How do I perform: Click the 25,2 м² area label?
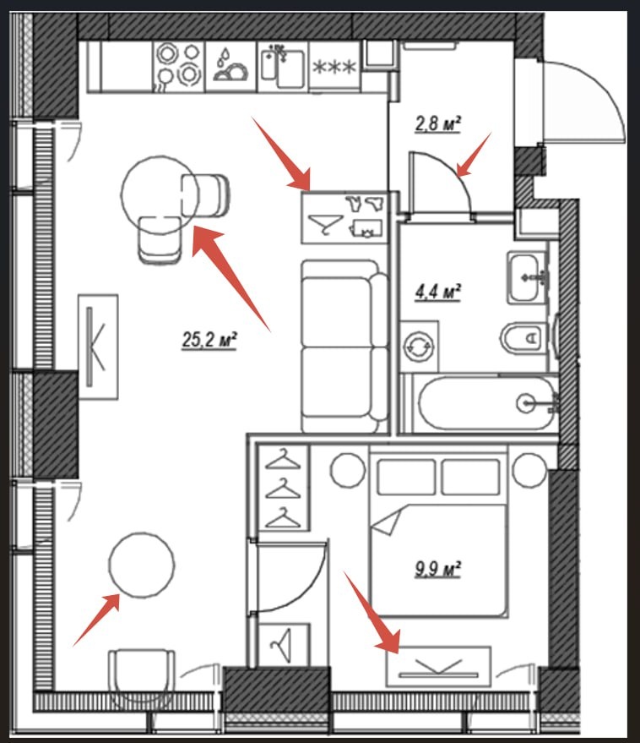tap(209, 341)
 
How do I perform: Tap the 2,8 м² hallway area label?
tap(438, 124)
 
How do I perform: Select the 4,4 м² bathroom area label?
tap(438, 292)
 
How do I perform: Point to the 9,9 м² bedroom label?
tap(438, 569)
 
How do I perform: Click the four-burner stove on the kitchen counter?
tap(178, 65)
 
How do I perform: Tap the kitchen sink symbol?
tap(282, 66)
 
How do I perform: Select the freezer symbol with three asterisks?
tap(335, 66)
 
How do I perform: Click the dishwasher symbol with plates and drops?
tap(231, 66)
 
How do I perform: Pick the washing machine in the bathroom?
tap(419, 347)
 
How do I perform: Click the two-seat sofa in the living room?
tap(345, 346)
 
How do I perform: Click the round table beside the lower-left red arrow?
tap(142, 564)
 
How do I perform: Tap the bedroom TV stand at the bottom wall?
tap(438, 667)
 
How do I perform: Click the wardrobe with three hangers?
tap(283, 488)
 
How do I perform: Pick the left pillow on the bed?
tap(407, 477)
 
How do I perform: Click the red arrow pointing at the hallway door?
tap(474, 154)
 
